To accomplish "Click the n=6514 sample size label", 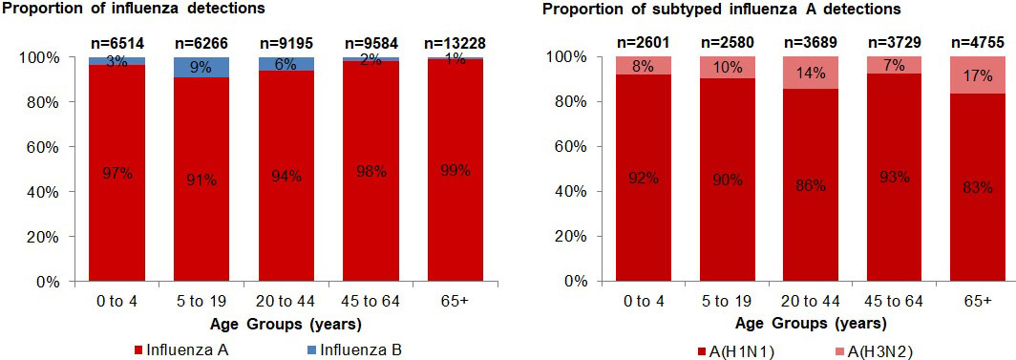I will coord(117,43).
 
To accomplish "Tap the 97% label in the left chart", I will coord(117,174).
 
